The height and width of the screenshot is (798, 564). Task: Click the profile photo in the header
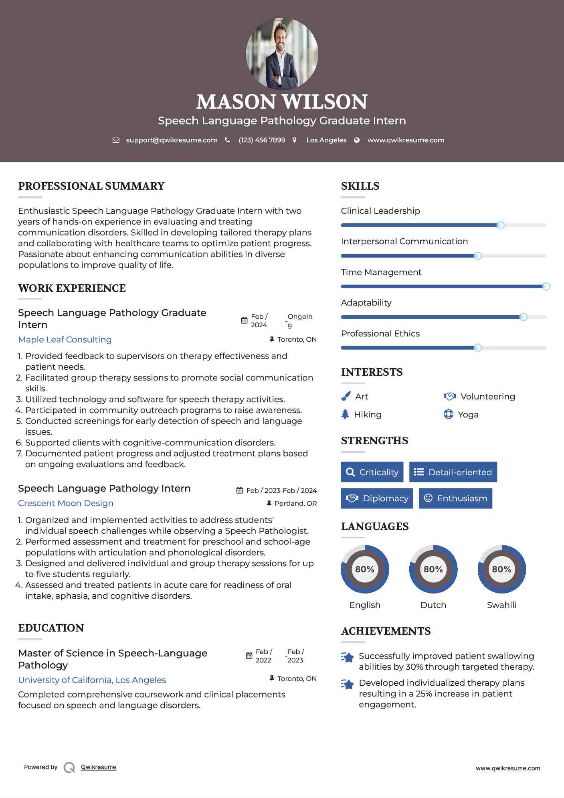click(282, 54)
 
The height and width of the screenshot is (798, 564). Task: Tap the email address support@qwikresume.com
click(172, 140)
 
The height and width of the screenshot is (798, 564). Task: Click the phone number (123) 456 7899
click(262, 140)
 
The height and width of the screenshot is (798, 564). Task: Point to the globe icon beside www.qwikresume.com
click(357, 140)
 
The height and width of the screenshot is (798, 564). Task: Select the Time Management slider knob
click(546, 286)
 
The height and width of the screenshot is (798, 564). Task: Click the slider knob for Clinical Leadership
click(500, 225)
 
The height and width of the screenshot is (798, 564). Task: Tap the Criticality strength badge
click(372, 472)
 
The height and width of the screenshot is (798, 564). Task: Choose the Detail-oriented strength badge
click(453, 472)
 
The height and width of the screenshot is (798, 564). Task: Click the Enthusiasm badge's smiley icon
click(428, 498)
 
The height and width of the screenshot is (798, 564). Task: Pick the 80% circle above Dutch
click(433, 569)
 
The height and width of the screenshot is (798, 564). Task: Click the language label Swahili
click(501, 605)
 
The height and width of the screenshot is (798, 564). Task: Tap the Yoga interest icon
click(448, 414)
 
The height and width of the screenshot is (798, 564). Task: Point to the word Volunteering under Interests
click(487, 397)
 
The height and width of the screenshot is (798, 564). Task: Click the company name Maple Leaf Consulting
click(65, 340)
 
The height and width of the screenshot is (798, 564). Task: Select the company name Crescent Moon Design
click(66, 503)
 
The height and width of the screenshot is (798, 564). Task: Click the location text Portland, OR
click(295, 504)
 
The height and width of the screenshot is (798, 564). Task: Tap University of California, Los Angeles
click(92, 680)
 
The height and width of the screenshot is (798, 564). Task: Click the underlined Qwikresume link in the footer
click(99, 767)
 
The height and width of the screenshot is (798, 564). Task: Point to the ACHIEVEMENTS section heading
click(386, 631)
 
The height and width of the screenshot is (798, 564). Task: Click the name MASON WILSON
click(282, 102)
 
